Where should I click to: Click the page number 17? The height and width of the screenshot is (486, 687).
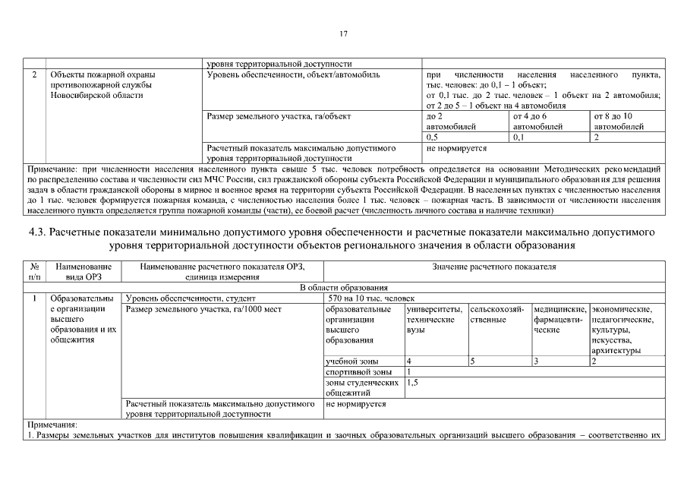pyautogui.click(x=343, y=33)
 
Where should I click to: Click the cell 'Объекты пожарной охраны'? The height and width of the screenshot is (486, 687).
pyautogui.click(x=102, y=75)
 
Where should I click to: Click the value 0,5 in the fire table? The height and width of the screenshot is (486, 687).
pyautogui.click(x=433, y=137)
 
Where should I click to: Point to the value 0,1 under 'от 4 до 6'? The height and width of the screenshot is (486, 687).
pyautogui.click(x=519, y=137)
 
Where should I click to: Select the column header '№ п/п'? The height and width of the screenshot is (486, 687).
pyautogui.click(x=35, y=272)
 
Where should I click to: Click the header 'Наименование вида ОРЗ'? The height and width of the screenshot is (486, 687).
pyautogui.click(x=84, y=272)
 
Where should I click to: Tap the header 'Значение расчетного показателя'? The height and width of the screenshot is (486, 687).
pyautogui.click(x=494, y=267)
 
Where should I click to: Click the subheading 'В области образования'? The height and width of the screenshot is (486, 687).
pyautogui.click(x=344, y=288)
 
